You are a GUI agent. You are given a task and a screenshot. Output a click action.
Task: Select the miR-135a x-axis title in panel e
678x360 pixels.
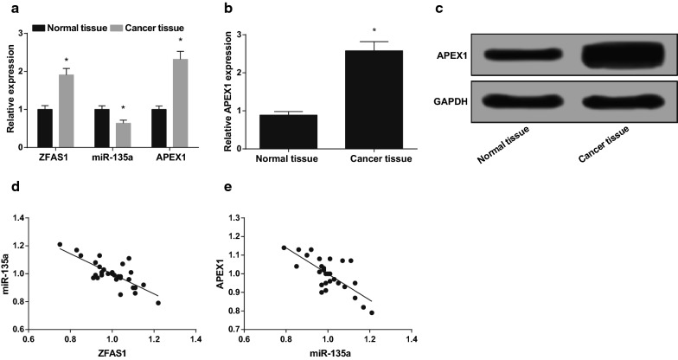coord(327,353)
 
